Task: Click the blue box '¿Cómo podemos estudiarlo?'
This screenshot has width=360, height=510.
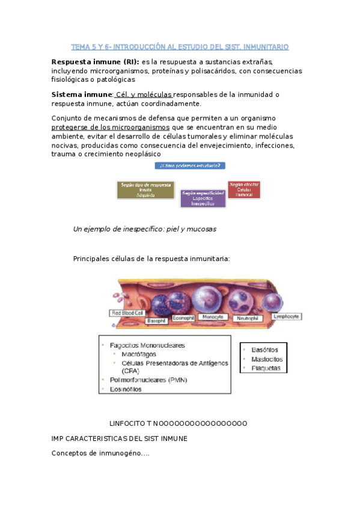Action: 191,166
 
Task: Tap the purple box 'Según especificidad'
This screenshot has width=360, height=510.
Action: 203,198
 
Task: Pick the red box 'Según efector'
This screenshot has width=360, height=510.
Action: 244,189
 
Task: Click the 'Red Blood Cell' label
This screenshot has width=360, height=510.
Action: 126,313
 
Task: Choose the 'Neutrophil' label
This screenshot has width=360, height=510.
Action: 248,318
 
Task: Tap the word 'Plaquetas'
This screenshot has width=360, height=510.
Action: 266,368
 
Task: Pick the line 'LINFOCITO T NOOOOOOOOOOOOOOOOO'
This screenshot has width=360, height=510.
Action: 178,423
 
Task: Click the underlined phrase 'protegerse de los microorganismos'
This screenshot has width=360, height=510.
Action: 111,127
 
